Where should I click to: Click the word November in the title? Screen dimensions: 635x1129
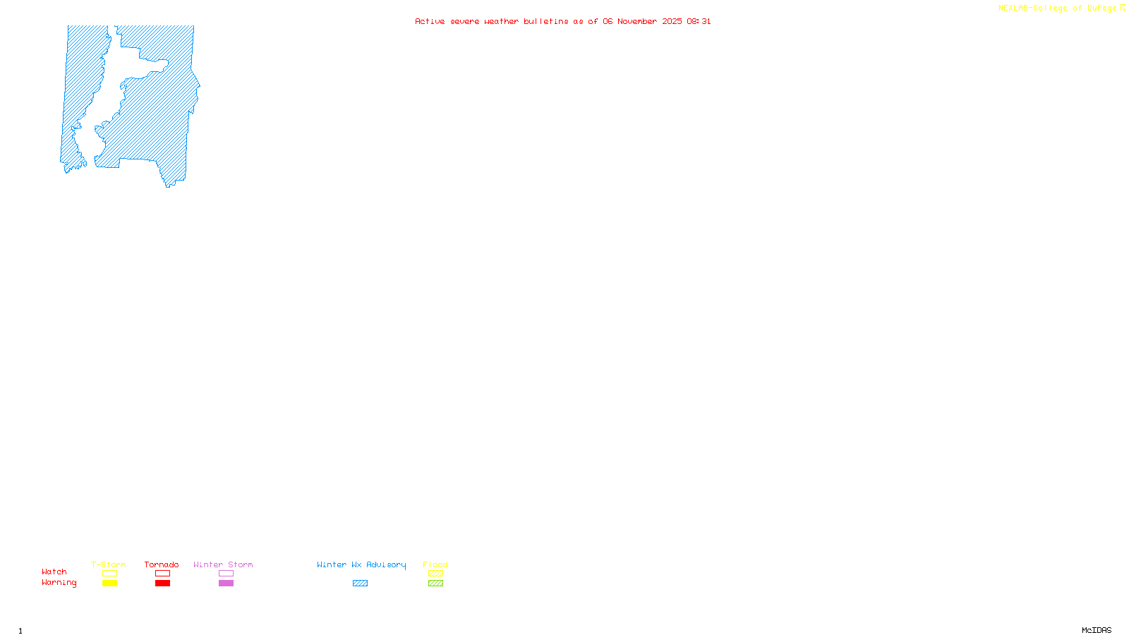point(637,21)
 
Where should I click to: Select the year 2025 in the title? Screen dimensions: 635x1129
point(672,21)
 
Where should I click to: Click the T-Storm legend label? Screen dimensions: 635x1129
point(109,564)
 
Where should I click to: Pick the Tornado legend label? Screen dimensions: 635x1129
point(162,564)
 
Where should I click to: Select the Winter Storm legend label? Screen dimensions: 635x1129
point(223,564)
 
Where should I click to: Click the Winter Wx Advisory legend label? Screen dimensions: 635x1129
point(361,564)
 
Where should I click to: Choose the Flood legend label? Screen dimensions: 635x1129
point(435,564)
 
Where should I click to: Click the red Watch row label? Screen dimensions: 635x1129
point(54,571)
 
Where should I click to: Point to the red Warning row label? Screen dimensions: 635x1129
point(59,583)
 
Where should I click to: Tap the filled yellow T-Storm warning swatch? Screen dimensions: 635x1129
point(109,583)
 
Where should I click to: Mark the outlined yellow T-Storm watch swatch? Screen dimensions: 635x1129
point(109,574)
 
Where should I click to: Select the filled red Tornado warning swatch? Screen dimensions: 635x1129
point(162,583)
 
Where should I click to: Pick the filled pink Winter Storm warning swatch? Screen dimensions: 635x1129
point(226,583)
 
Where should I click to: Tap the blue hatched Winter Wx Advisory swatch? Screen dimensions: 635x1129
point(360,583)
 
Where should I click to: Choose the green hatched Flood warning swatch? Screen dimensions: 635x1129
point(435,583)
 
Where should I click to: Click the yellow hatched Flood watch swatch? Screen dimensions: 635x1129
point(435,574)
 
